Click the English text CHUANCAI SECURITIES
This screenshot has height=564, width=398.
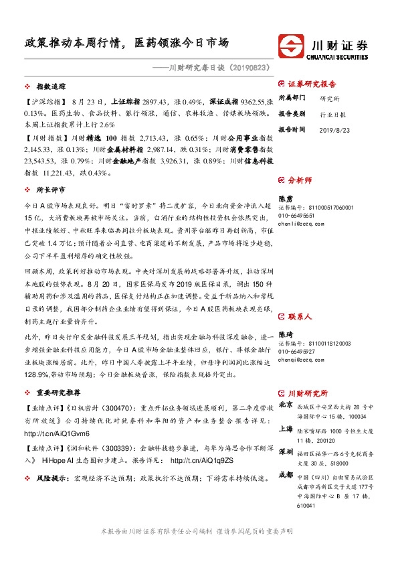[x=340, y=56]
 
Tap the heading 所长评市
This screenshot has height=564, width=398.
[x=51, y=190]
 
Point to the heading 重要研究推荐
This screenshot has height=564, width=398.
[x=60, y=395]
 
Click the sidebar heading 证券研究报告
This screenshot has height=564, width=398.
[x=316, y=84]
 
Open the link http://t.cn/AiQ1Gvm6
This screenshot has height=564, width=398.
[x=52, y=434]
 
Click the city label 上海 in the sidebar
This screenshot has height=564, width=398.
[x=285, y=431]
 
